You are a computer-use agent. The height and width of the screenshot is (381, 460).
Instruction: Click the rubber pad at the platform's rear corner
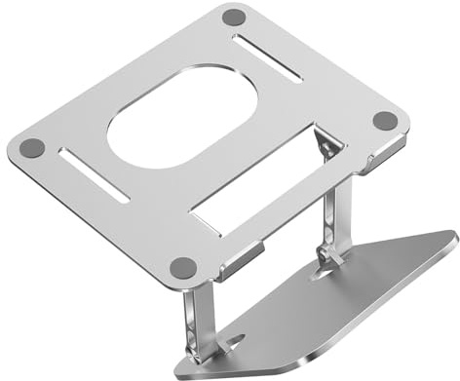point(233,17)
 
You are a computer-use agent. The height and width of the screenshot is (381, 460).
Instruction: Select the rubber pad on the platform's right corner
point(386,120)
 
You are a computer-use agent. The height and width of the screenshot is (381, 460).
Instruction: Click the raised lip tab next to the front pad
point(234,262)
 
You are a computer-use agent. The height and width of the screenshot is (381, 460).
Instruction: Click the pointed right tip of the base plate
point(454,237)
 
